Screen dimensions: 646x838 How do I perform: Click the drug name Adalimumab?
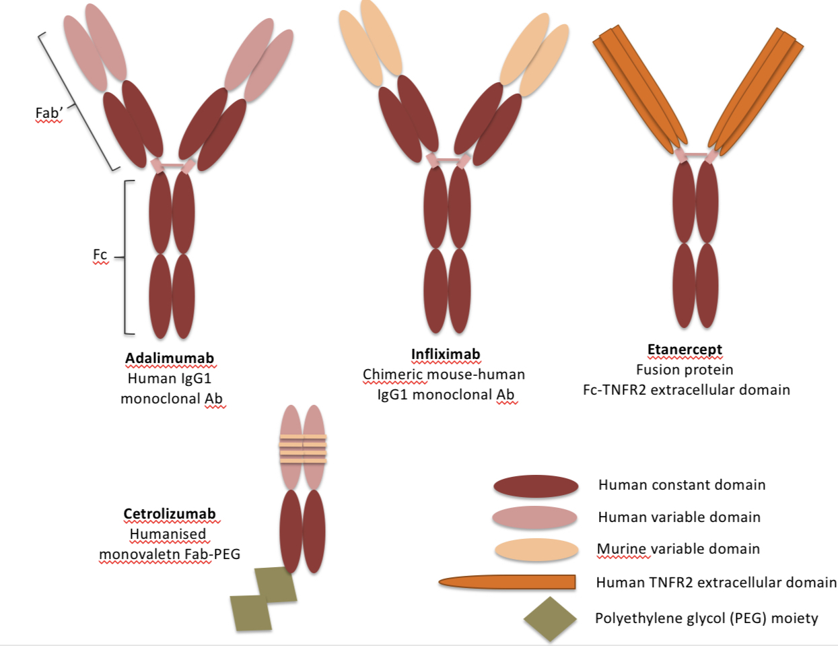tap(170, 358)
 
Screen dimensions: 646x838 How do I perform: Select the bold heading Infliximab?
tap(446, 354)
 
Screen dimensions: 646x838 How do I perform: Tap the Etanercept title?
tap(685, 350)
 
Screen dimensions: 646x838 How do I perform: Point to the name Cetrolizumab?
tap(170, 514)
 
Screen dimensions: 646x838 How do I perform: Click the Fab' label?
tap(48, 112)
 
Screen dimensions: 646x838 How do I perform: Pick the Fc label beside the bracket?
tap(100, 255)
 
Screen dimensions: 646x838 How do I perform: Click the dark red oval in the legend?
tap(536, 486)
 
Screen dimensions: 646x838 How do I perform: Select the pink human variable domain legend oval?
tap(535, 517)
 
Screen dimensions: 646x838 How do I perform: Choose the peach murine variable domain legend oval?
tap(536, 550)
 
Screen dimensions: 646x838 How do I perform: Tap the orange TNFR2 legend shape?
tap(508, 582)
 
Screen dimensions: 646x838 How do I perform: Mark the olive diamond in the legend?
tap(550, 618)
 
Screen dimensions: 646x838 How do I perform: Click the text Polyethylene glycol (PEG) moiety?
tap(706, 618)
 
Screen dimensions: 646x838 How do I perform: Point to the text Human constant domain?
tap(681, 485)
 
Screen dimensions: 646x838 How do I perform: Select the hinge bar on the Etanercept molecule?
tap(696, 156)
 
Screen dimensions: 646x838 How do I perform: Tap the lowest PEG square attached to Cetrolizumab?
tap(251, 613)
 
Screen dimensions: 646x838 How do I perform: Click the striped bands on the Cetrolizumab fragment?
tap(303, 449)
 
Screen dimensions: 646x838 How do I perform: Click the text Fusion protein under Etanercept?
tap(685, 370)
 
